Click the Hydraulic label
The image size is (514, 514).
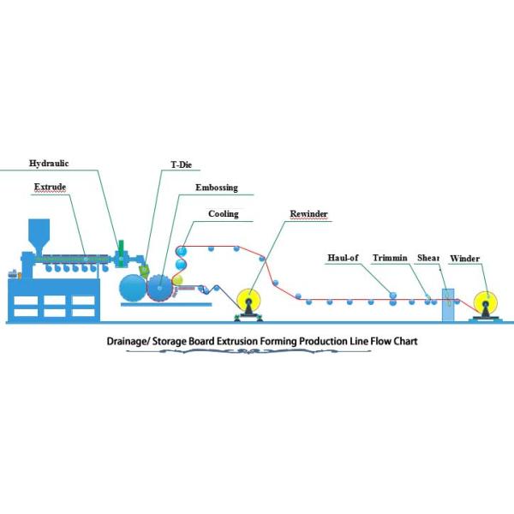click(49, 163)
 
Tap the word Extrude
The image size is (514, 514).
click(50, 186)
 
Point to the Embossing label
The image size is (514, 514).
click(216, 188)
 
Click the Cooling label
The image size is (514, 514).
click(224, 214)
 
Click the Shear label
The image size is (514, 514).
click(428, 257)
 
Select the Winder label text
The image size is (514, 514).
click(464, 257)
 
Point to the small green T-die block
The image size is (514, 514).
click(142, 269)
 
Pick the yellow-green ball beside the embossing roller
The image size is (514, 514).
click(177, 279)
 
